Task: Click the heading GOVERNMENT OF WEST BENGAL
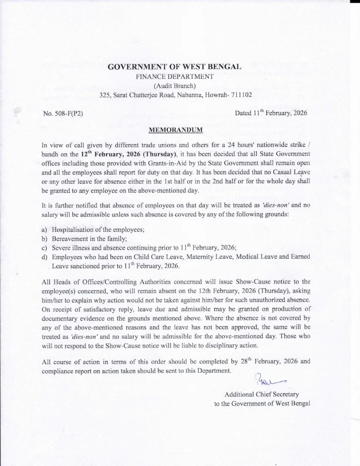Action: tap(175, 67)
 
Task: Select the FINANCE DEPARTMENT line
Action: tap(175, 77)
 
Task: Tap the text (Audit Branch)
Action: tap(175, 86)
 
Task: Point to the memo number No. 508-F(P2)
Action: tap(63, 114)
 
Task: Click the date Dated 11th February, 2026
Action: tap(271, 113)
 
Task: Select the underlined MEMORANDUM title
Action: tap(175, 130)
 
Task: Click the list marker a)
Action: tap(44, 229)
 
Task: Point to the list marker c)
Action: tap(44, 248)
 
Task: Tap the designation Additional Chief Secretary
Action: tap(261, 394)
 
